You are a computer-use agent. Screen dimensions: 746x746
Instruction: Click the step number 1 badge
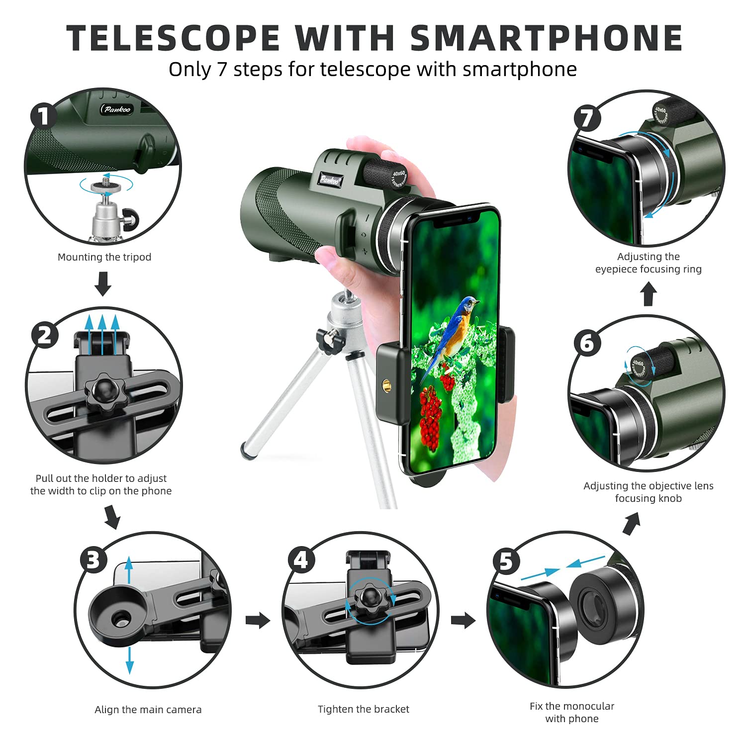44,116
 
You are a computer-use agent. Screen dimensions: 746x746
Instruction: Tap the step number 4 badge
301,560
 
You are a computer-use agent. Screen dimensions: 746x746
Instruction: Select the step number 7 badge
587,118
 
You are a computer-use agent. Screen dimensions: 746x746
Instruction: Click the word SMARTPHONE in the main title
546,38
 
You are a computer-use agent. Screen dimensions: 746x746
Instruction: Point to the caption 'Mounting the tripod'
104,257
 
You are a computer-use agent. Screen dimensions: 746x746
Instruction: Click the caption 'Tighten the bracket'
364,709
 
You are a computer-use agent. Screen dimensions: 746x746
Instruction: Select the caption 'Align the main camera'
148,710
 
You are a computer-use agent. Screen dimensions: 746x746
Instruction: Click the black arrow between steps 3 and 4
258,620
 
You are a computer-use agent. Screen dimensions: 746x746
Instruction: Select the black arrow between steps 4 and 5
463,620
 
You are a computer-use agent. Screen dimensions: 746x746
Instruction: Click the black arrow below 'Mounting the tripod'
103,283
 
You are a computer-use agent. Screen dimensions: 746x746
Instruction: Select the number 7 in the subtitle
221,70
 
